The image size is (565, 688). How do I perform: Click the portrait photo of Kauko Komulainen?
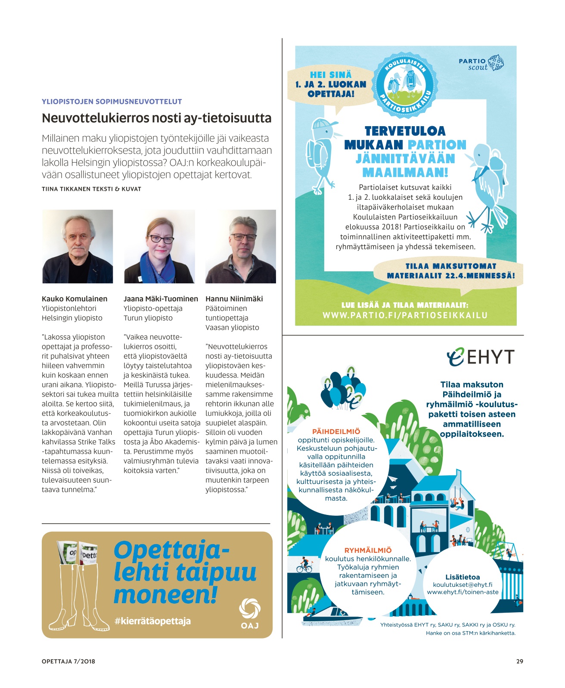tap(78, 246)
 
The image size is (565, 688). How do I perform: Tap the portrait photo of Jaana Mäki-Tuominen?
tap(159, 246)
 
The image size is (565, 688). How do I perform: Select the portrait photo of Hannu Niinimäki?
tap(241, 246)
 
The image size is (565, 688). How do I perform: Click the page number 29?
tap(519, 661)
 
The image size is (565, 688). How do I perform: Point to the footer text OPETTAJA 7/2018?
tap(68, 661)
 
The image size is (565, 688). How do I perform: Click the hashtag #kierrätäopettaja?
tap(152, 621)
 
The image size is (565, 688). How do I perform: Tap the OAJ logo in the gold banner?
tap(250, 613)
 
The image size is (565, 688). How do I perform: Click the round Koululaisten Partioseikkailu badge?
tap(405, 85)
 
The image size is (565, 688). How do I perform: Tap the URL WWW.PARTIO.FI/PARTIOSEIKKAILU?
tap(405, 315)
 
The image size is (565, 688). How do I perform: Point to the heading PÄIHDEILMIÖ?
tap(336, 431)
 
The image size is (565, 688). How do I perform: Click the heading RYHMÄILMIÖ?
tap(368, 550)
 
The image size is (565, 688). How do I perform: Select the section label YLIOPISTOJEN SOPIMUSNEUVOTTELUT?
tap(112, 102)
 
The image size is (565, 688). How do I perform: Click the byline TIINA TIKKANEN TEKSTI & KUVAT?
tap(91, 189)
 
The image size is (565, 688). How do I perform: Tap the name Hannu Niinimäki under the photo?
tap(234, 299)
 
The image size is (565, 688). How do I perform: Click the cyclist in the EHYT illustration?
tap(304, 565)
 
